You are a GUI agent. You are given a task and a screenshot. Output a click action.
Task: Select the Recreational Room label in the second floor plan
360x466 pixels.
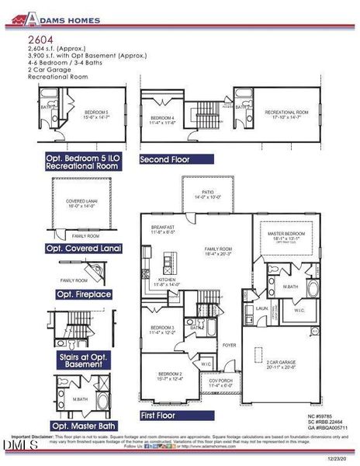pyautogui.click(x=287, y=114)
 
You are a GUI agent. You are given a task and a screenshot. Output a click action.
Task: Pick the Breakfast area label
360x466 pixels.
pyautogui.click(x=163, y=229)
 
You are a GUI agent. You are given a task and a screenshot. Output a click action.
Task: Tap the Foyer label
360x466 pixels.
pyautogui.click(x=229, y=344)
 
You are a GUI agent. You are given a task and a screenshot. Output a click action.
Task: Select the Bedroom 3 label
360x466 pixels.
pyautogui.click(x=162, y=329)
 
